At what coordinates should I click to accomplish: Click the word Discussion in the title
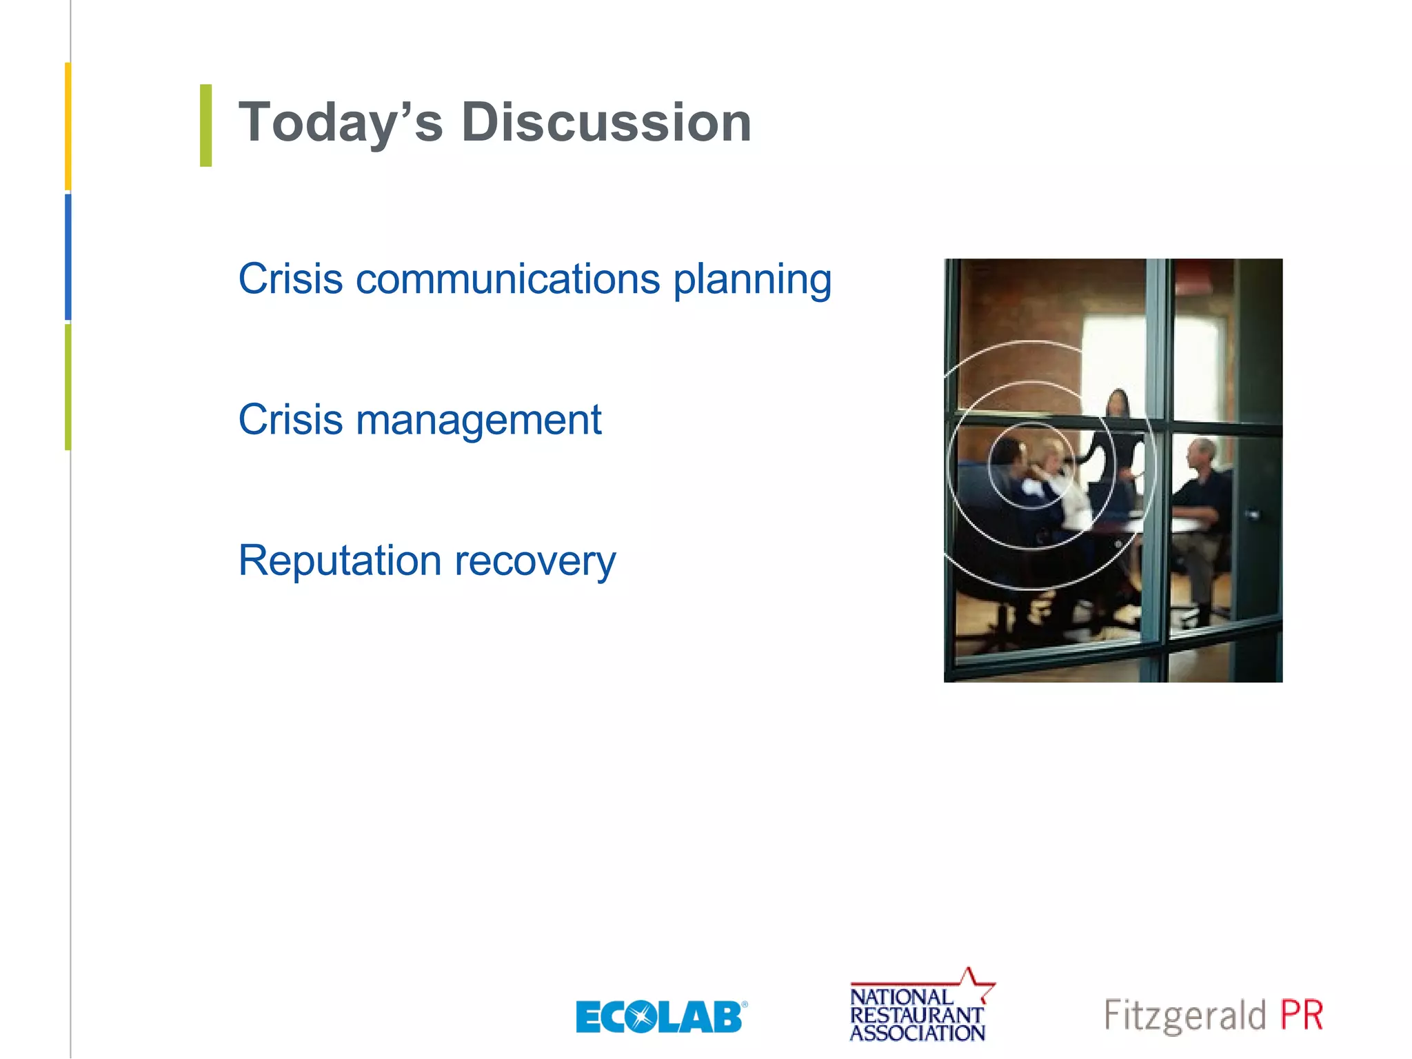tap(606, 123)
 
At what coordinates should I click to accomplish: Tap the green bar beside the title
tap(205, 125)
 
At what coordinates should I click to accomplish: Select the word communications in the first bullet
tap(508, 279)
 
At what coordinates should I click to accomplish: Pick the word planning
tap(752, 281)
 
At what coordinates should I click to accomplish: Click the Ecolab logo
tap(660, 1017)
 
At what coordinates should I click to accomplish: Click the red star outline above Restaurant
tap(974, 983)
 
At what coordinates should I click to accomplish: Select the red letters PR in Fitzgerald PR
tap(1302, 1016)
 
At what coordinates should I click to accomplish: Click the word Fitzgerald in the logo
tap(1185, 1016)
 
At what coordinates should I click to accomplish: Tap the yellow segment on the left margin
tap(68, 126)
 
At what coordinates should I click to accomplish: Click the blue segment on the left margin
tap(68, 256)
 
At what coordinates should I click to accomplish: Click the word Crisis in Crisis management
tap(290, 420)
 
